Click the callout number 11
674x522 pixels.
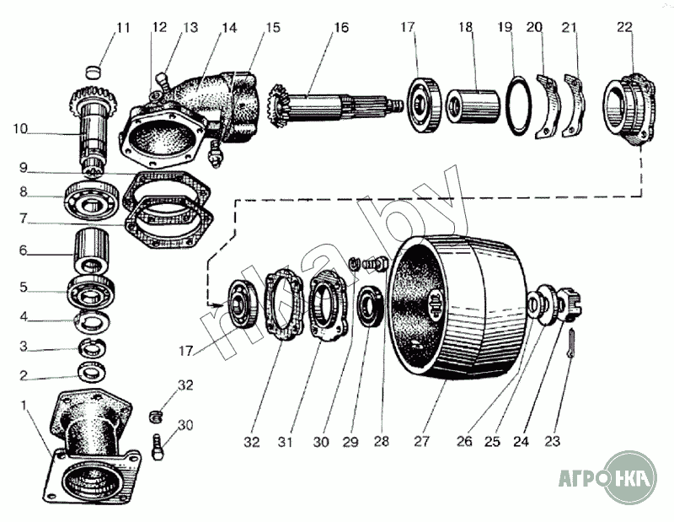(x=123, y=28)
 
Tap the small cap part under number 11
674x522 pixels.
(x=93, y=72)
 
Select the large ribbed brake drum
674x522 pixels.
(x=457, y=307)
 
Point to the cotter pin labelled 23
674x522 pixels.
(x=570, y=343)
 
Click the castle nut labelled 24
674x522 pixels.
(x=570, y=305)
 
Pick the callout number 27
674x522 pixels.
(x=422, y=441)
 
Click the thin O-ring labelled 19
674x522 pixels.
(x=518, y=105)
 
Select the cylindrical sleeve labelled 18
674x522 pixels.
(x=473, y=106)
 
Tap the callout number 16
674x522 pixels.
(x=341, y=28)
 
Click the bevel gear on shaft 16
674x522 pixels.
(x=279, y=105)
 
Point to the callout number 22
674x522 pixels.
(x=624, y=27)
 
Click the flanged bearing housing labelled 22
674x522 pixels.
(x=629, y=110)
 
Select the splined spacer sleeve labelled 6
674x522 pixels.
(x=92, y=252)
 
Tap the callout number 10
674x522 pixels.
(x=20, y=128)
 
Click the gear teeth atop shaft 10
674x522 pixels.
(x=93, y=98)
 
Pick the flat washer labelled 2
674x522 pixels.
(x=93, y=371)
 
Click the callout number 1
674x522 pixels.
(x=24, y=406)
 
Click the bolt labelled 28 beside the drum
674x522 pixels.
(x=376, y=263)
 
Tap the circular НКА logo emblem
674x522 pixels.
(x=629, y=477)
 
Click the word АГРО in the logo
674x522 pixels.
(x=581, y=477)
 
